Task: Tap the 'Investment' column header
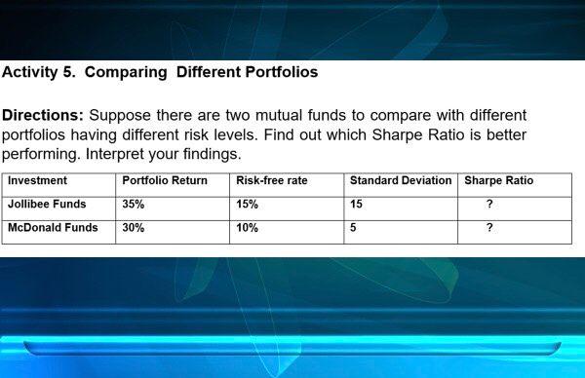pos(37,181)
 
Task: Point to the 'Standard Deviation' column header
pos(400,181)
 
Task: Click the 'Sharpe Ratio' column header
pos(498,181)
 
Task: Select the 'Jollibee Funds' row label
pos(47,205)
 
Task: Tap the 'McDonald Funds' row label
pos(53,228)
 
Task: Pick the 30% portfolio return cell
pos(133,228)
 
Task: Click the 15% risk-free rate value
pos(247,205)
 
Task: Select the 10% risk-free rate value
pos(247,228)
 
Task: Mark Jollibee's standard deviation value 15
pos(356,205)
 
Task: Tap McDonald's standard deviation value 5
pos(353,228)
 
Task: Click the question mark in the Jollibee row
pos(488,205)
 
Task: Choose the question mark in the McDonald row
pos(488,228)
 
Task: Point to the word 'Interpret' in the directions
pos(120,155)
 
